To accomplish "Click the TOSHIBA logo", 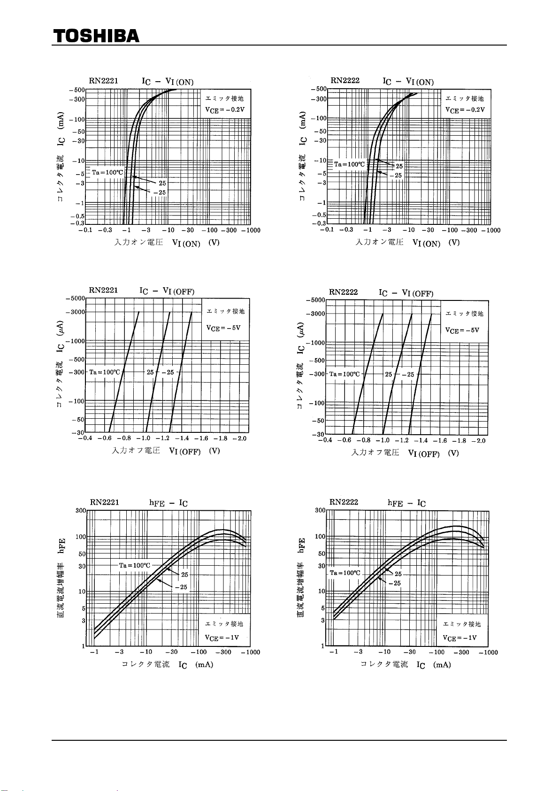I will (x=96, y=36).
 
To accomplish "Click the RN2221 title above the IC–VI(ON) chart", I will (x=103, y=81).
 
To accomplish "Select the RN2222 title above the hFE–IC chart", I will (x=344, y=502).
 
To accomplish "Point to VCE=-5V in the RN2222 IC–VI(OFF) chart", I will (x=462, y=330).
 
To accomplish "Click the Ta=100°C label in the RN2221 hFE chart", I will (x=135, y=565).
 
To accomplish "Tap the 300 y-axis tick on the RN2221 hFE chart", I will (x=81, y=511).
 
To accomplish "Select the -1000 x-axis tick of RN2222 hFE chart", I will (x=488, y=652).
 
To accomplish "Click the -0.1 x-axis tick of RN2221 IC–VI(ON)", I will (x=85, y=230).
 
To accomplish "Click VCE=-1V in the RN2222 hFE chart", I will (x=459, y=638).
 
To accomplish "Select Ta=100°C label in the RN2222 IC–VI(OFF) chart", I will (x=345, y=374).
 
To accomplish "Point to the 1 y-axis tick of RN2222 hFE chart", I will (x=323, y=646).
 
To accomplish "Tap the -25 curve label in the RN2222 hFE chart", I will (x=395, y=583).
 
